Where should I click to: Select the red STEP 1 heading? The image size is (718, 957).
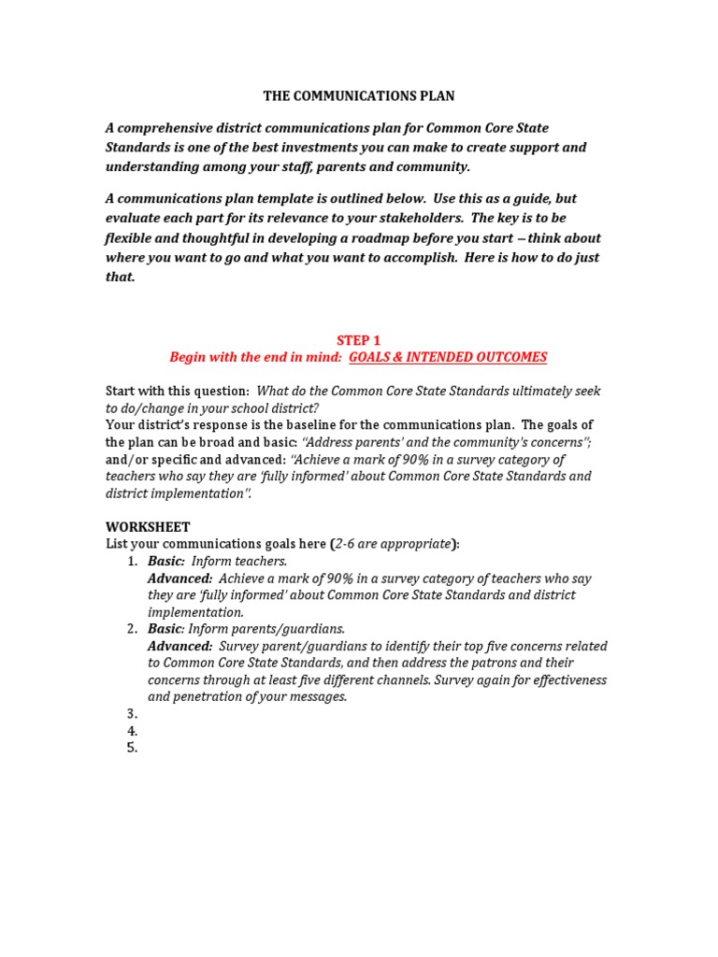pos(358,340)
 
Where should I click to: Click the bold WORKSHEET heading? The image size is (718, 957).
pos(148,527)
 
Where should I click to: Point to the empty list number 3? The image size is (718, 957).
pos(132,714)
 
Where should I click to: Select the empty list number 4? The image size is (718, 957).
pos(132,731)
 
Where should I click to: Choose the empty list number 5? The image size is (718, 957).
pos(132,748)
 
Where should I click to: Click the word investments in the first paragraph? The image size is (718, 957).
pos(327,148)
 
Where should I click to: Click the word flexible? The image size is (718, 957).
pos(130,238)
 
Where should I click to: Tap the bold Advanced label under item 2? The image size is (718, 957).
pos(180,646)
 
